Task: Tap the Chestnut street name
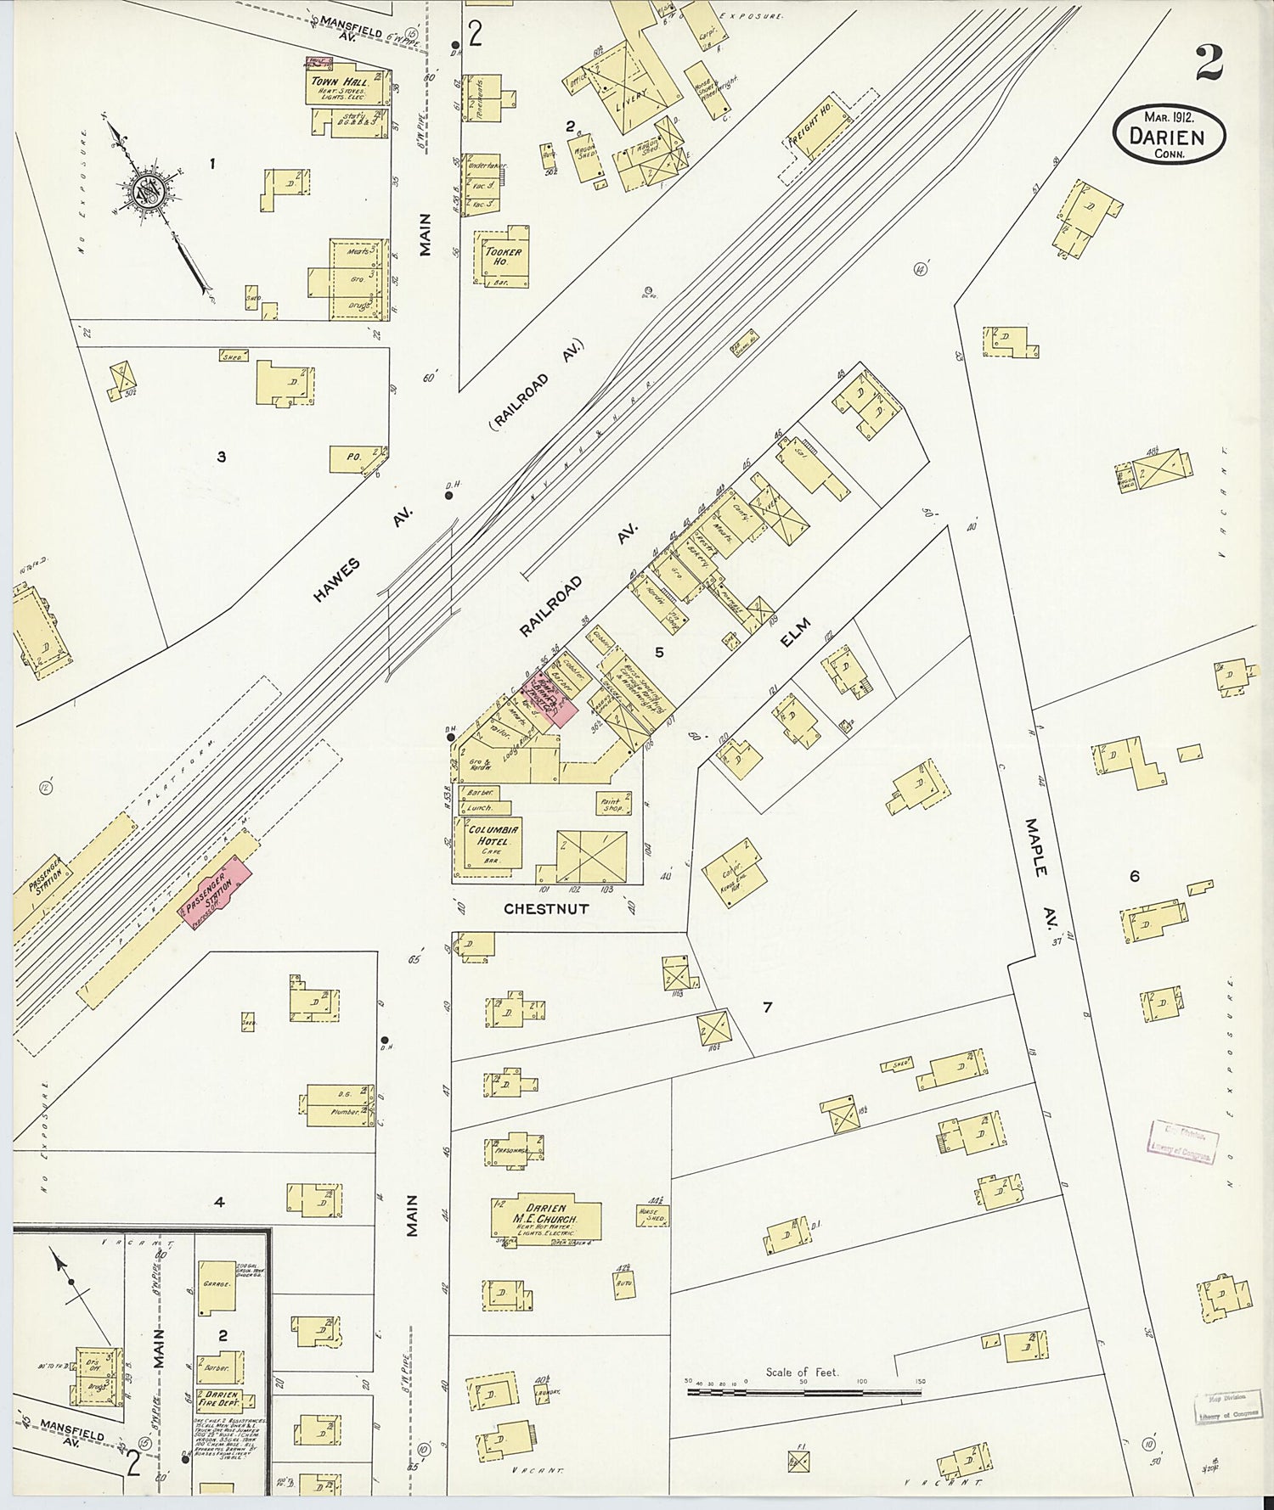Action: coord(546,909)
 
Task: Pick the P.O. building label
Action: coord(354,457)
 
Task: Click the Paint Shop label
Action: coord(612,804)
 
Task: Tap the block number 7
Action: coord(767,1008)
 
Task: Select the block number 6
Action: coord(1135,877)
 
